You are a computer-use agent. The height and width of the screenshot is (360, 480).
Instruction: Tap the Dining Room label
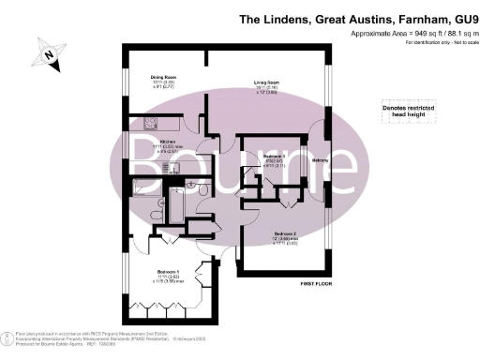165,78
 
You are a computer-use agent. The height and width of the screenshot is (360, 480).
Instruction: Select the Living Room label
266,82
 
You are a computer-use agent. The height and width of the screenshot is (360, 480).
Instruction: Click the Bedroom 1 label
169,272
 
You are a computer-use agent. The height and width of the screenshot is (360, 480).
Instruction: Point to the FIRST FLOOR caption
317,283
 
